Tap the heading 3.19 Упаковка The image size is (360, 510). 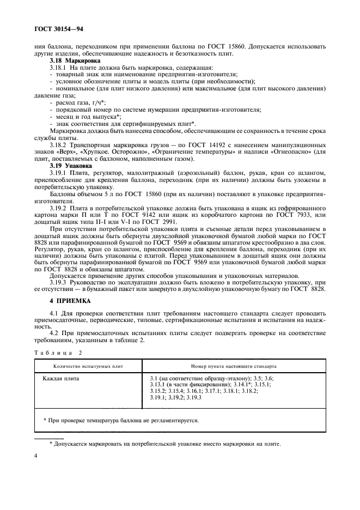[69, 165]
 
